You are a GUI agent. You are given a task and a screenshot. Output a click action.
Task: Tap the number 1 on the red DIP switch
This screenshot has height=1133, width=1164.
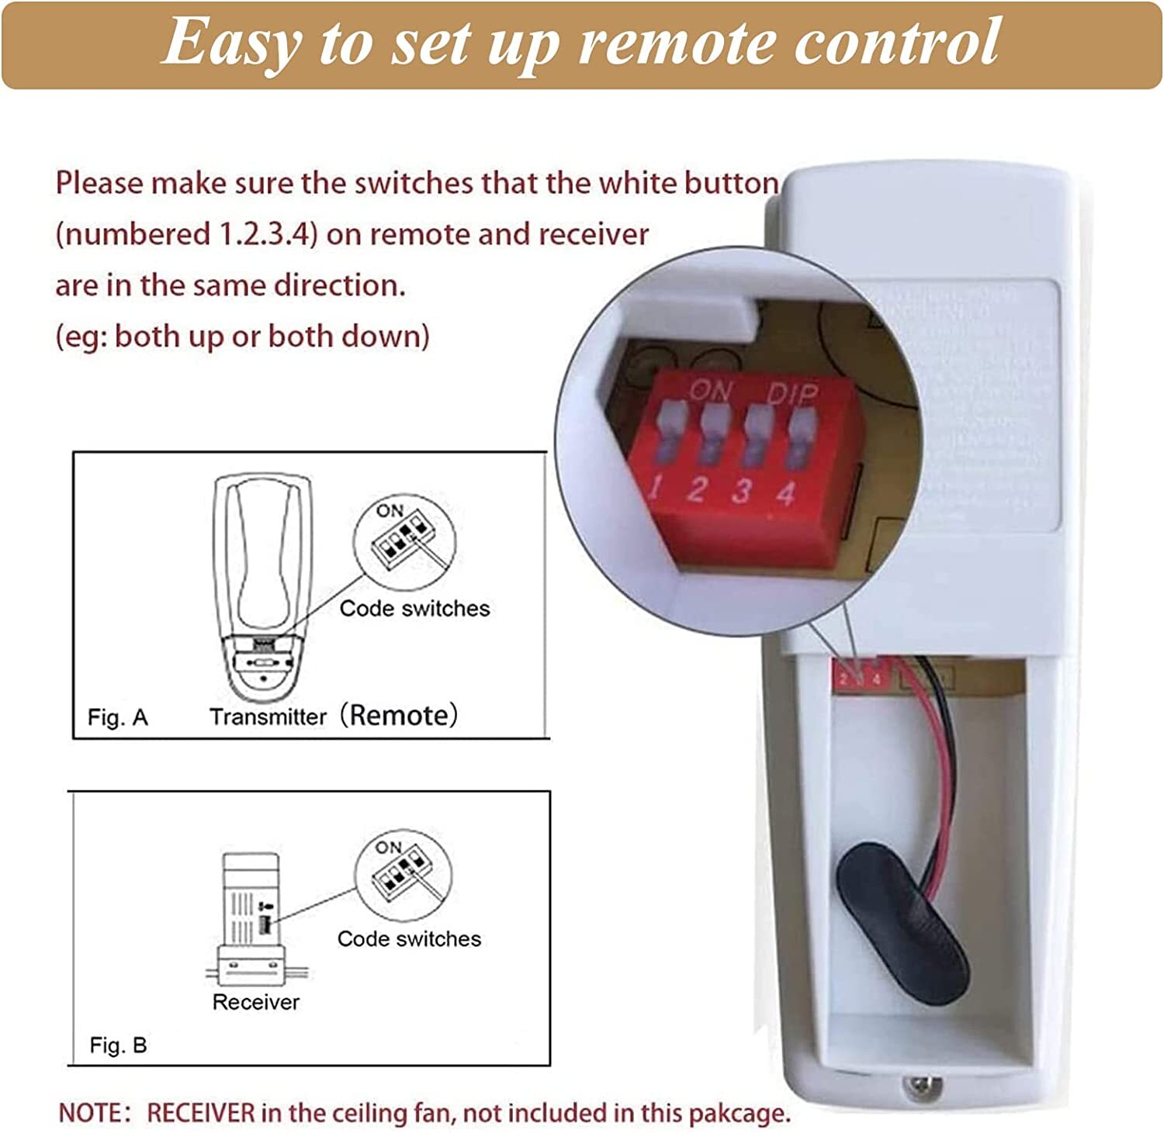tap(656, 488)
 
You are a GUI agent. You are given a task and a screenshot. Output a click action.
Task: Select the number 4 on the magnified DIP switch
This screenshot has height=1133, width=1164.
tap(786, 493)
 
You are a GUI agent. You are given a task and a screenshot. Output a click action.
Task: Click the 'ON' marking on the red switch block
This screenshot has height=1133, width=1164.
tap(710, 390)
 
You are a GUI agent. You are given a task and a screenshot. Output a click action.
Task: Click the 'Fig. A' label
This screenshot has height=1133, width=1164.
tap(117, 717)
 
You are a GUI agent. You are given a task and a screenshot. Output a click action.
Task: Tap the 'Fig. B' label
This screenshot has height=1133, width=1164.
tap(118, 1045)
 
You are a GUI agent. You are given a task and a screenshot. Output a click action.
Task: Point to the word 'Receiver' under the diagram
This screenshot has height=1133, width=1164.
tap(255, 1002)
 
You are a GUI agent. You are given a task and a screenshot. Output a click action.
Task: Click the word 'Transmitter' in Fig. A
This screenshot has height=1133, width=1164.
tap(268, 717)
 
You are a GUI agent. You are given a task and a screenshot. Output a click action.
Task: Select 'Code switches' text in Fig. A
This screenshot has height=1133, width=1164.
tap(414, 609)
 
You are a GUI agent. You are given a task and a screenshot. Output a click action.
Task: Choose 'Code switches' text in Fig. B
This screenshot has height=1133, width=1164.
tap(409, 939)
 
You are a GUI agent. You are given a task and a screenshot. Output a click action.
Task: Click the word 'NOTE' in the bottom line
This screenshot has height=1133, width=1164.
tap(89, 1113)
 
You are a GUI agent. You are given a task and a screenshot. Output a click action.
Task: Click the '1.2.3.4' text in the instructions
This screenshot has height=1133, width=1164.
tap(265, 234)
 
